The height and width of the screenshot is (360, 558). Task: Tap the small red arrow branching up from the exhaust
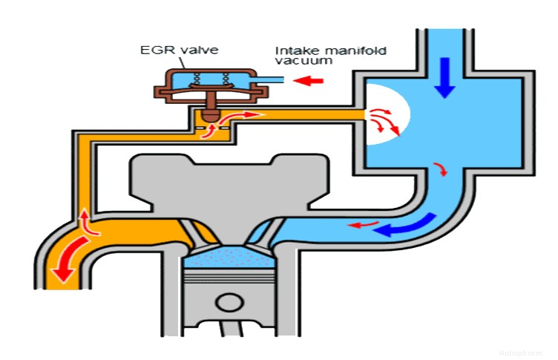(86, 220)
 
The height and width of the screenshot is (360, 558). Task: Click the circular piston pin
(231, 304)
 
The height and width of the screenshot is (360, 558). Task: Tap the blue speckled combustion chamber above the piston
(232, 258)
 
